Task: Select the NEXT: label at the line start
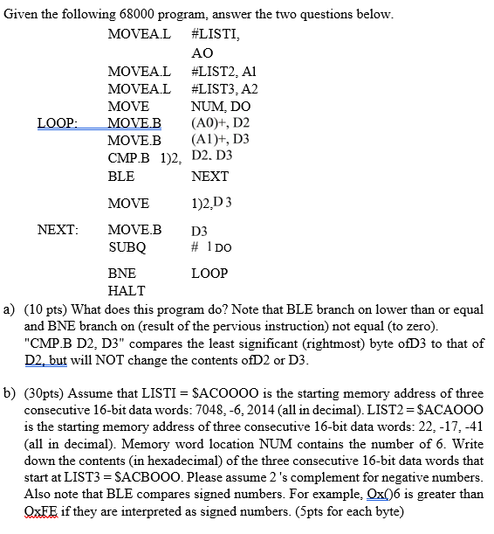(58, 231)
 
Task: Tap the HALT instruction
(126, 290)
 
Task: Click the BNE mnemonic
(123, 274)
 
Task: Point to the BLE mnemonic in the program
(121, 176)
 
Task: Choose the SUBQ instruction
(126, 247)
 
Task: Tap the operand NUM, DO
(221, 107)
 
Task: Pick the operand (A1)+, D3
(220, 140)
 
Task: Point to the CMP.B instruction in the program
(129, 157)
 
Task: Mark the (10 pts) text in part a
(52, 309)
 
